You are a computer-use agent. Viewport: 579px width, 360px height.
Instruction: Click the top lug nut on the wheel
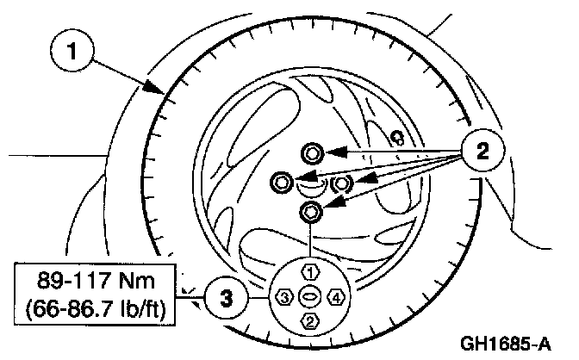[312, 154]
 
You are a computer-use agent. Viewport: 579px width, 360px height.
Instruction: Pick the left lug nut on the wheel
[282, 182]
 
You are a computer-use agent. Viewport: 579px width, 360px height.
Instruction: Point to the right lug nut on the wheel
[341, 183]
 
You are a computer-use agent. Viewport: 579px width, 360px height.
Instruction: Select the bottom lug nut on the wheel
[311, 211]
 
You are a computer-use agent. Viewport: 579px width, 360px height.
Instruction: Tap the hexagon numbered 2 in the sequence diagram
[308, 321]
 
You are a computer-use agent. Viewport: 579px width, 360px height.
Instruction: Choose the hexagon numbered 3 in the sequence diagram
[284, 297]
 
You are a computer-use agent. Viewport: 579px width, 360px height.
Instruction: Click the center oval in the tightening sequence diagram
[308, 297]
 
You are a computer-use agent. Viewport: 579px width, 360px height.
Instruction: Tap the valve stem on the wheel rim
[397, 136]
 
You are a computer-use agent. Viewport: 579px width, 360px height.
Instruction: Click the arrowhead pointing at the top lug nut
[333, 154]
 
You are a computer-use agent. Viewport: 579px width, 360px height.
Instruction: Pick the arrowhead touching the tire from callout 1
[156, 88]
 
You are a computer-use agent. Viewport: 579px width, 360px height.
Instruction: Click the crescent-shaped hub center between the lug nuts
[311, 182]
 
